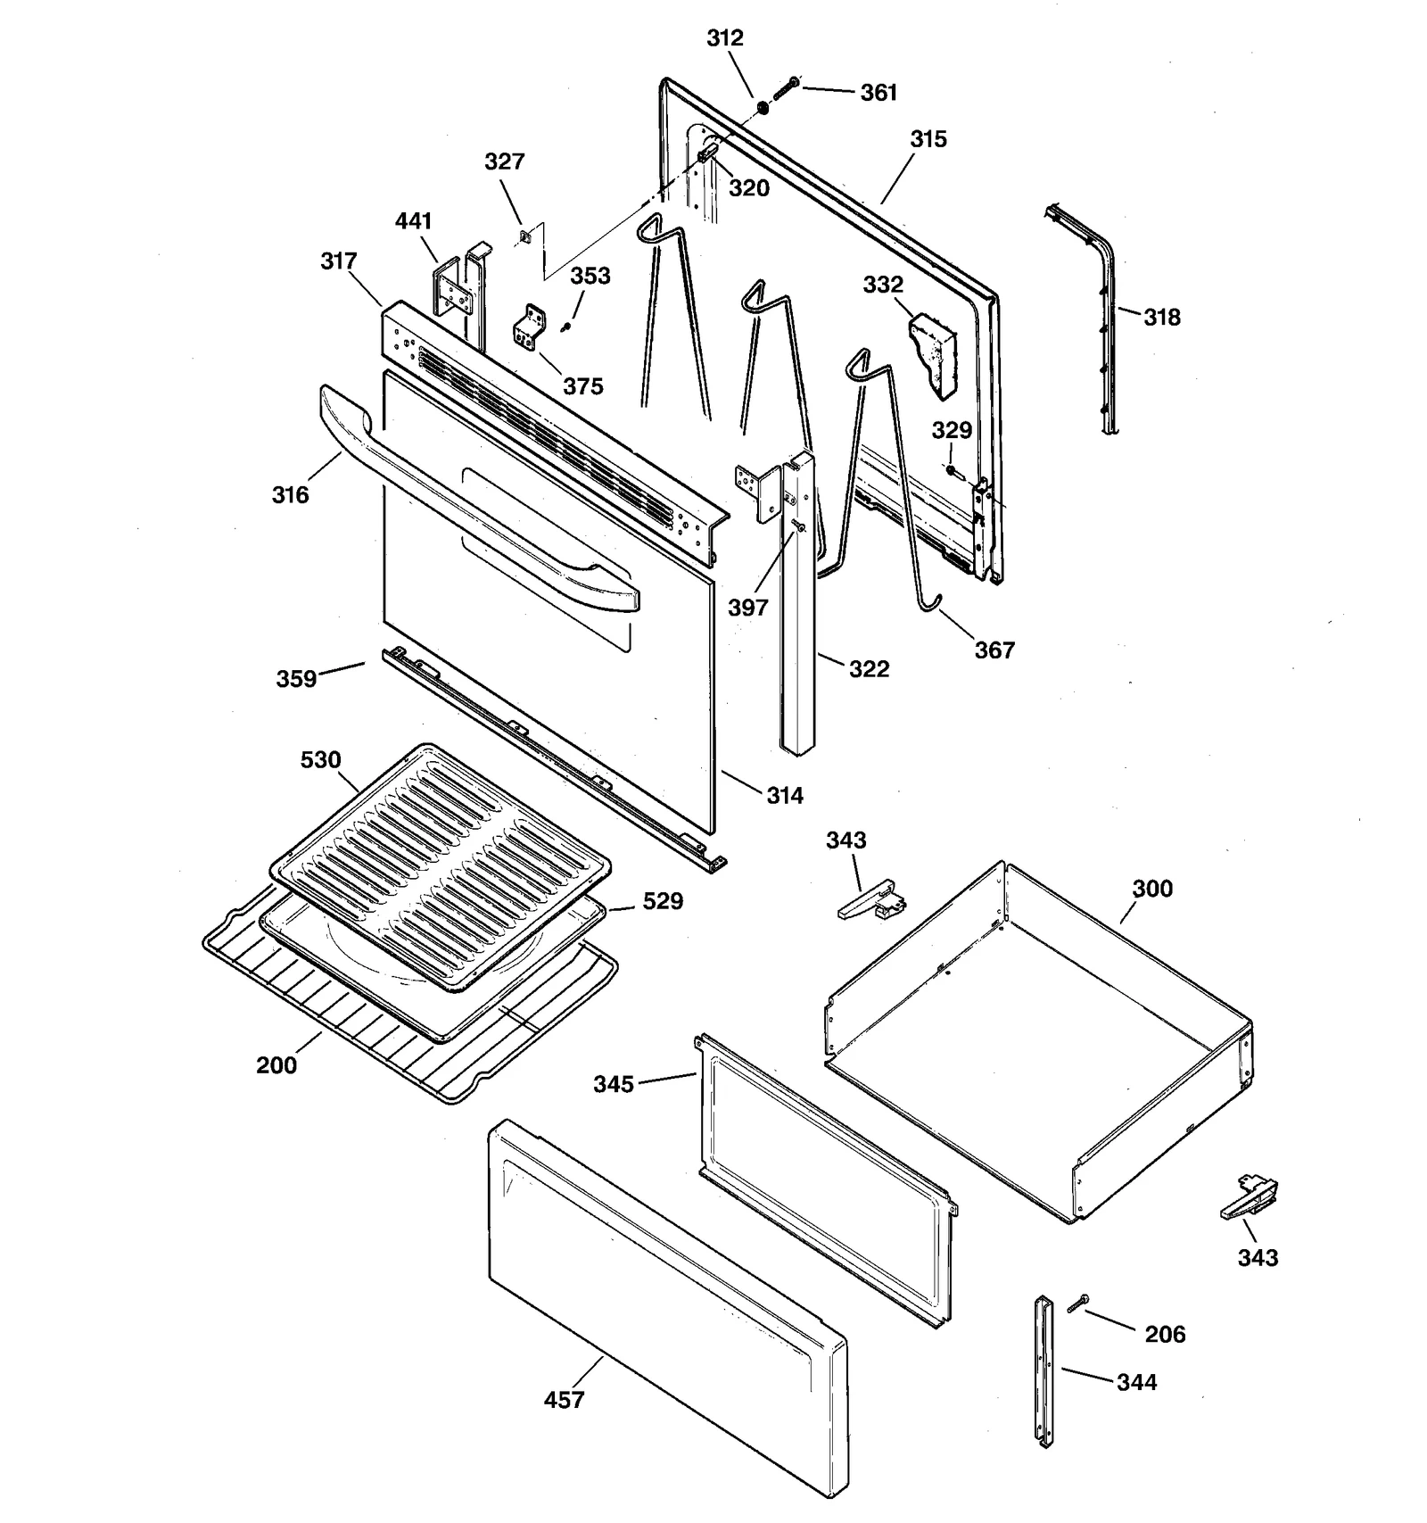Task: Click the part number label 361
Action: [x=878, y=93]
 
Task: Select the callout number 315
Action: [x=928, y=139]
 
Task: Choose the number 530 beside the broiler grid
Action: [x=320, y=760]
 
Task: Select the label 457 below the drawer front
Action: [x=564, y=1400]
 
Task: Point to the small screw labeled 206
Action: [x=1077, y=1304]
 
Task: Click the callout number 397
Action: [x=747, y=608]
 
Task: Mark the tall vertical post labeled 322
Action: [x=798, y=625]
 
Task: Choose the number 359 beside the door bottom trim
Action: [x=296, y=679]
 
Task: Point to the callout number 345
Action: [x=614, y=1084]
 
